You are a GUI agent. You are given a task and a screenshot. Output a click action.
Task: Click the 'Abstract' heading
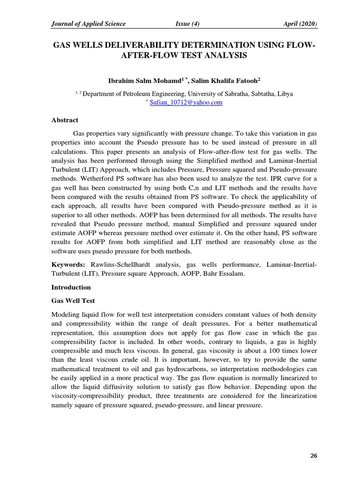coord(65,120)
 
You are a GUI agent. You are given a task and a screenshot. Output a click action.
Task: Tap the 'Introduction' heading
coord(71,287)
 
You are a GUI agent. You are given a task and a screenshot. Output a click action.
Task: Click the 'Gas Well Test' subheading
coord(73,300)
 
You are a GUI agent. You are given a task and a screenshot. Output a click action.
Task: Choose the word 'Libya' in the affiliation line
coord(285,93)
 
